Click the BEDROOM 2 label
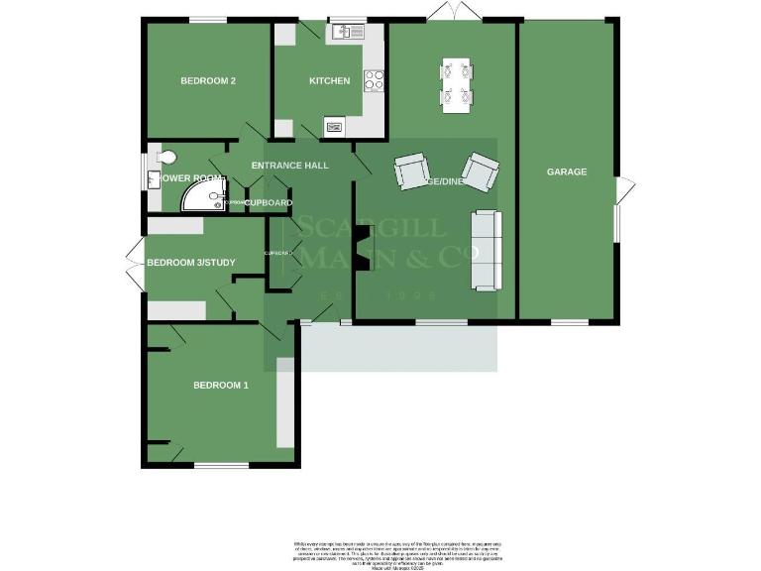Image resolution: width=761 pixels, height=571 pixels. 207,81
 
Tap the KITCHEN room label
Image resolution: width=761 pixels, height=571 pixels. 329,81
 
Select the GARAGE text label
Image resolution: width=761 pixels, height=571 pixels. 567,171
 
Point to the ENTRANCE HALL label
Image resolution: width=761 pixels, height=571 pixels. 289,166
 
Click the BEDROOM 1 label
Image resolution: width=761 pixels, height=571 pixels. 220,385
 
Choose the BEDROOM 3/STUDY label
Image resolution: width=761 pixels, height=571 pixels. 190,263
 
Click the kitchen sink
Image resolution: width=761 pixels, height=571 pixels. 349,32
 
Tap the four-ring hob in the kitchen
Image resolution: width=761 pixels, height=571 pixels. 375,81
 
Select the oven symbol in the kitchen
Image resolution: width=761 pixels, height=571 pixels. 333,126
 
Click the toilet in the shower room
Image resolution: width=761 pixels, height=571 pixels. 164,157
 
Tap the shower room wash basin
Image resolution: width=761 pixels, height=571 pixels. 152,179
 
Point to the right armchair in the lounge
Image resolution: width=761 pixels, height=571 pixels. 481,171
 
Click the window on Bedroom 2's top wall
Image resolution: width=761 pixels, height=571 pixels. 208,19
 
